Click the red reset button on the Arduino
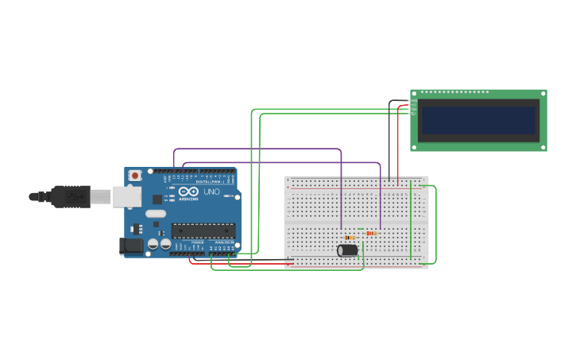[x=135, y=175]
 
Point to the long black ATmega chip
[x=203, y=231]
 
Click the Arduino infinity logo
[x=188, y=192]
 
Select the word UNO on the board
[x=212, y=192]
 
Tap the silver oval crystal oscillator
[x=156, y=213]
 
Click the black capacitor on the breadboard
[x=347, y=250]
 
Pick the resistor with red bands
[x=372, y=233]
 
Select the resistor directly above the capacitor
[x=350, y=237]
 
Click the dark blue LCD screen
[x=478, y=120]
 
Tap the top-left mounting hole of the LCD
[x=415, y=93]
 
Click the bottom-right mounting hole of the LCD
[x=543, y=146]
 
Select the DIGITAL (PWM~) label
[x=210, y=182]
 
